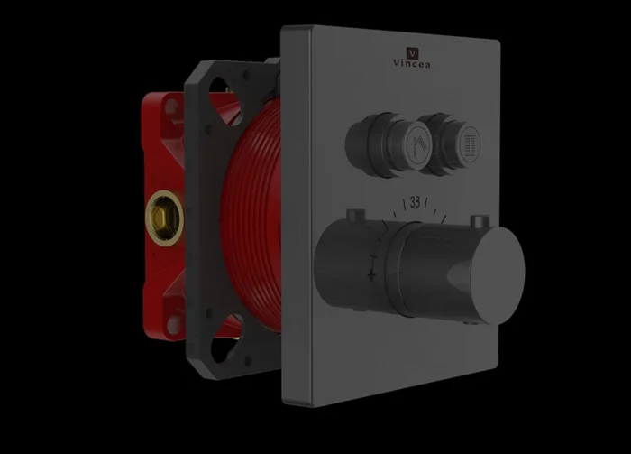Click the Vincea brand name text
[412, 64]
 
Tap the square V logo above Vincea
[412, 52]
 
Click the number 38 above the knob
[415, 202]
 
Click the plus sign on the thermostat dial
[371, 274]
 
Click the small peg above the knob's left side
[356, 216]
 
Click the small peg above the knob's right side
[480, 221]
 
